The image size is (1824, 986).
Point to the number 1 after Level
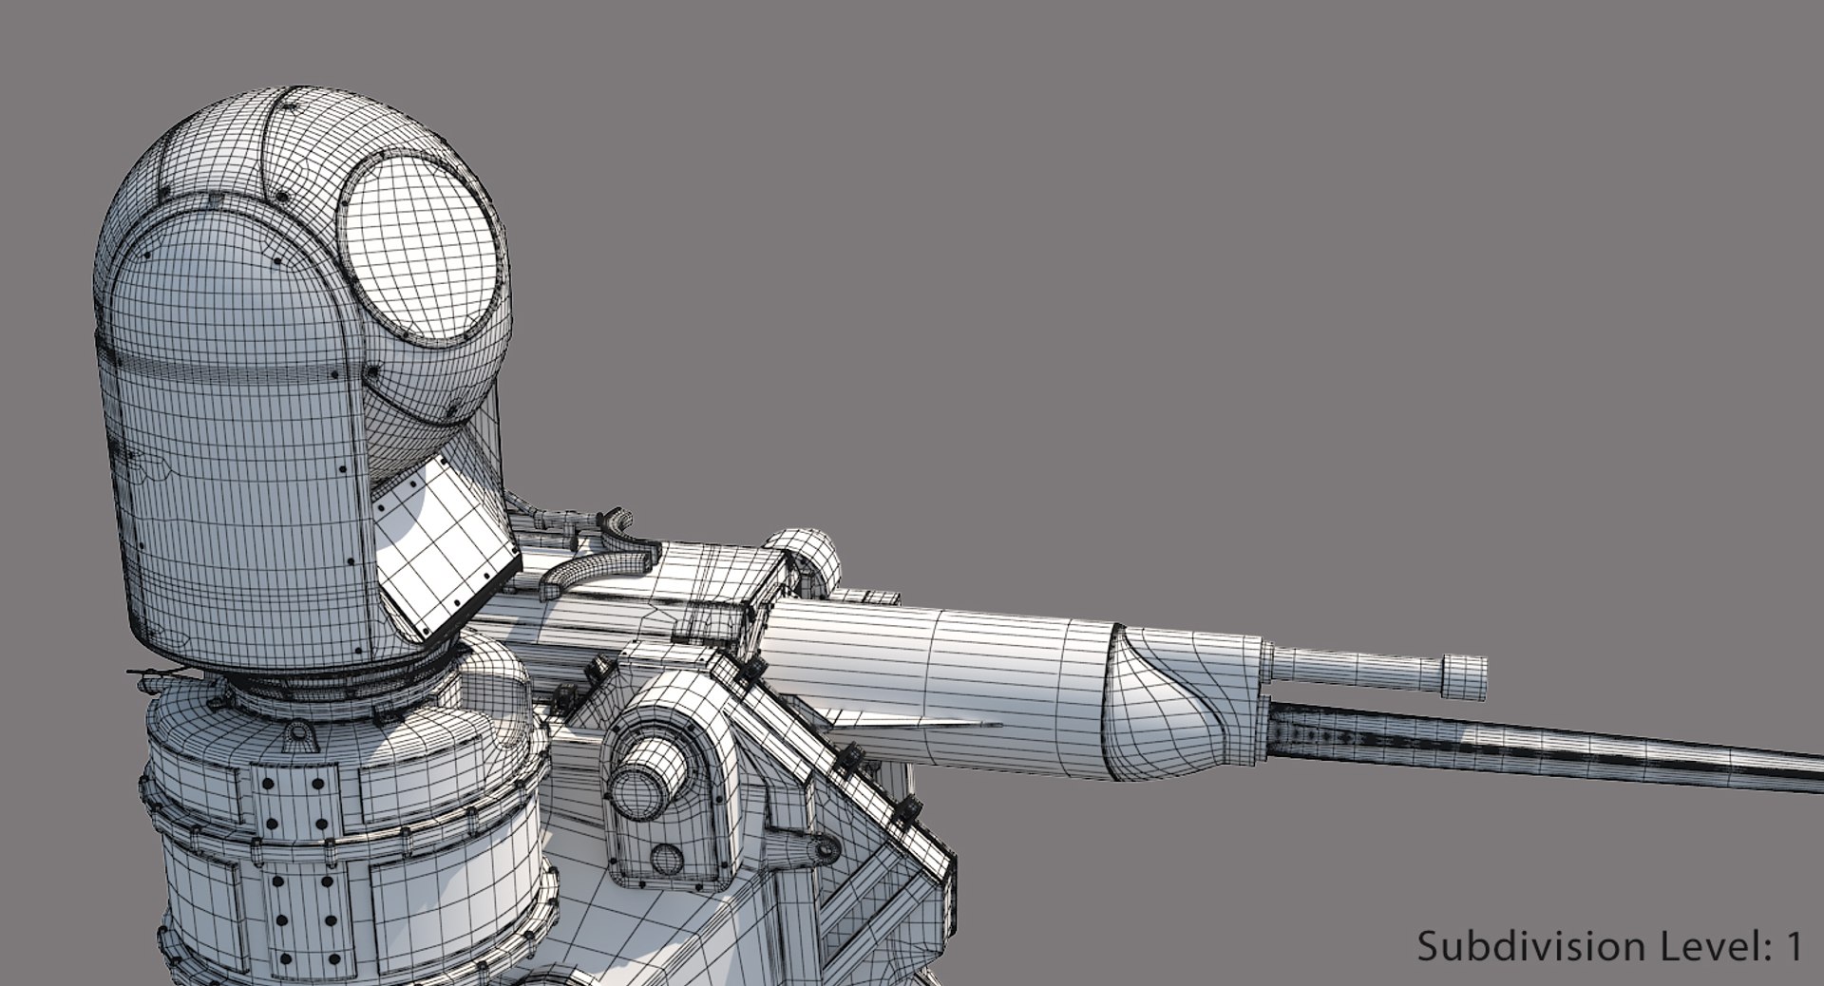1794,946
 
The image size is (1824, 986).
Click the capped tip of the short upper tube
1463,675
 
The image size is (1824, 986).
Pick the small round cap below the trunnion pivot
667,860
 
